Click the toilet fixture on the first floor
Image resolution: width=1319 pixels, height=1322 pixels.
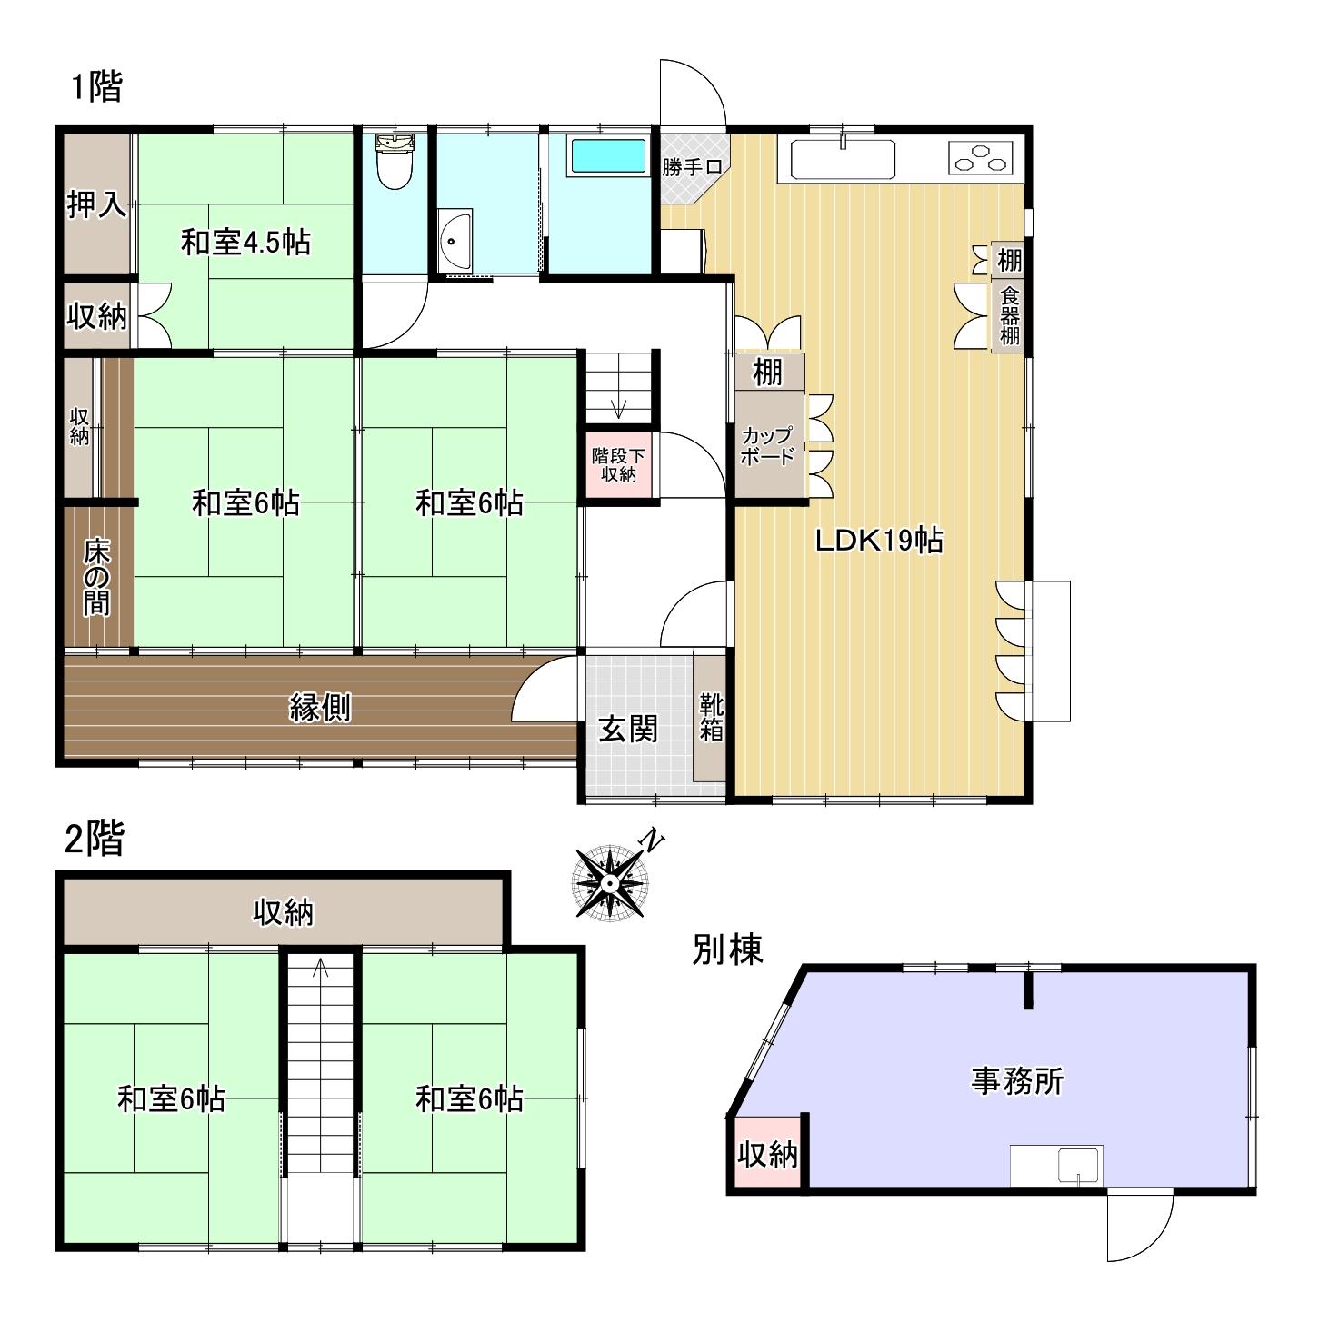tap(395, 160)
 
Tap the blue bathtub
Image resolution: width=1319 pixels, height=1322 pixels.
tap(608, 155)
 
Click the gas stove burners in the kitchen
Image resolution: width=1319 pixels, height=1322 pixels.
tap(981, 157)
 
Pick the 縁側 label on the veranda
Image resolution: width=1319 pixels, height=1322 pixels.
tap(320, 707)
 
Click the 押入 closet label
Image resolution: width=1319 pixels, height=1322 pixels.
tap(96, 204)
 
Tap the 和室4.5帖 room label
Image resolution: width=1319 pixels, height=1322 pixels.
tap(245, 243)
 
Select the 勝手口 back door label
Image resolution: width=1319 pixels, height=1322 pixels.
tap(692, 166)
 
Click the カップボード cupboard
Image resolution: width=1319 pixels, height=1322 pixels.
tap(767, 445)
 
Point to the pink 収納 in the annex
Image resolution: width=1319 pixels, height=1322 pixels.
tap(767, 1154)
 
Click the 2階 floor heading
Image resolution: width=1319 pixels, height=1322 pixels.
tap(94, 839)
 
